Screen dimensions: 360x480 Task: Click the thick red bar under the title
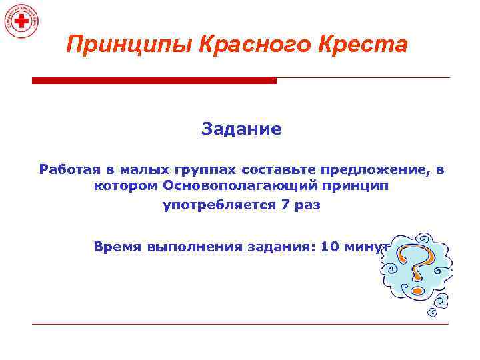[154, 81]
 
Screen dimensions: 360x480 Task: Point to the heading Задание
[241, 129]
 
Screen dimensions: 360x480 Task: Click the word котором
[125, 187]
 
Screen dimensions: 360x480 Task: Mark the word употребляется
[219, 205]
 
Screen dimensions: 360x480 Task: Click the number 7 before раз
[284, 205]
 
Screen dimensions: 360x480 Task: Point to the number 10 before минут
[329, 246]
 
